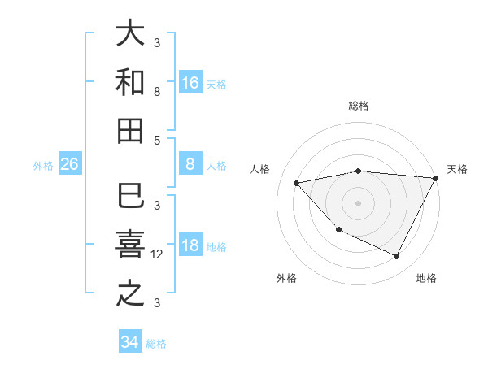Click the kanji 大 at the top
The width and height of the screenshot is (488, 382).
(129, 34)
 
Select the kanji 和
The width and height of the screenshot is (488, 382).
(129, 83)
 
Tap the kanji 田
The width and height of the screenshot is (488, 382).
(129, 131)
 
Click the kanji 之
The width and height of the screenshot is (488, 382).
(129, 294)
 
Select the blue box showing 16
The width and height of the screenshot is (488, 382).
(190, 83)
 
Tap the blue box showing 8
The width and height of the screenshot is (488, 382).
(190, 165)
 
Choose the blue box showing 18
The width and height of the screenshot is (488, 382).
(190, 246)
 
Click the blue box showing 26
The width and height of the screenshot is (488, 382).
(69, 165)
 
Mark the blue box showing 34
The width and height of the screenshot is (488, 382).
(129, 342)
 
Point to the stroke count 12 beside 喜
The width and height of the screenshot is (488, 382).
(157, 254)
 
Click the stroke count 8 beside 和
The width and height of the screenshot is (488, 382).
(157, 91)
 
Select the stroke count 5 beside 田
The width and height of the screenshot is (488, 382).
(157, 139)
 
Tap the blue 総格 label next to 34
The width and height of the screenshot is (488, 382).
(156, 343)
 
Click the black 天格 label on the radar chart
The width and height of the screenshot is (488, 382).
(457, 169)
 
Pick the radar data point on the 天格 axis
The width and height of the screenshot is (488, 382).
(435, 179)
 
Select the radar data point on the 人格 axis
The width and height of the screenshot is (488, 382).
(297, 183)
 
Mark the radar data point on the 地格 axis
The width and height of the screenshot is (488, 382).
(396, 257)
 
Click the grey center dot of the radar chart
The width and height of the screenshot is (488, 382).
(358, 202)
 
